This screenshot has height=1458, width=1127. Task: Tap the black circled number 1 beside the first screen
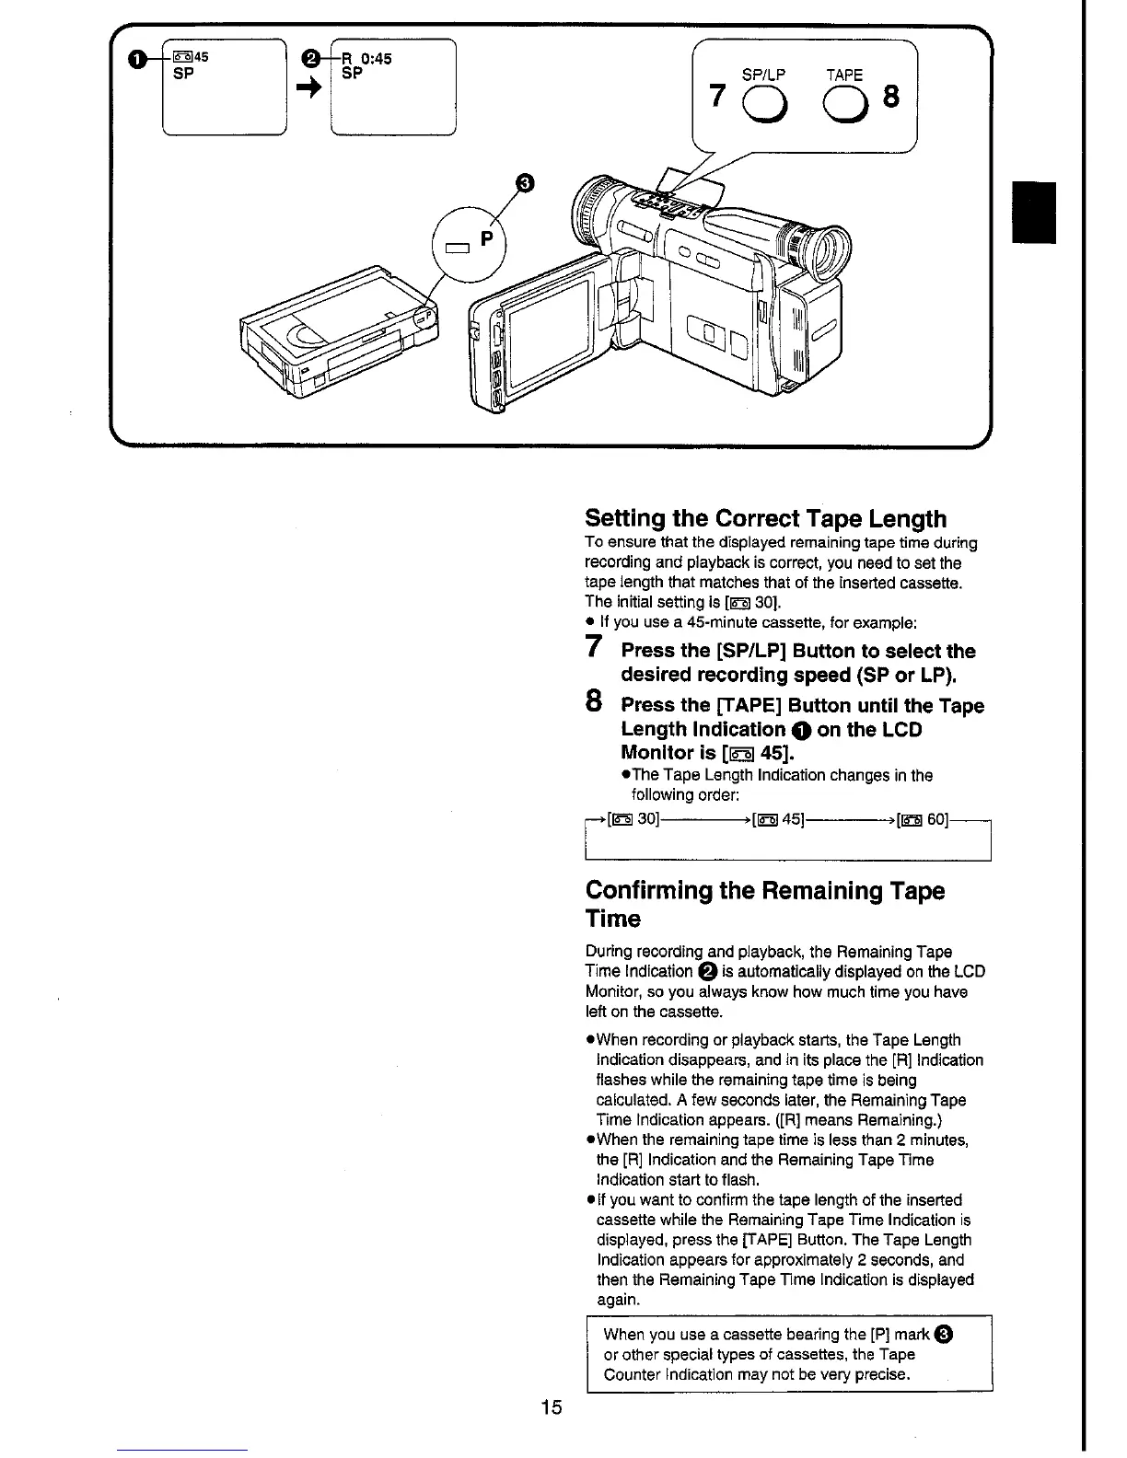137,61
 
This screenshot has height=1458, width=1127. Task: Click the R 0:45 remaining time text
366,59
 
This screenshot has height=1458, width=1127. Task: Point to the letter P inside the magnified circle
487,238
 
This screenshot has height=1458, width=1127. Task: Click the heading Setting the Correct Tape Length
765,518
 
